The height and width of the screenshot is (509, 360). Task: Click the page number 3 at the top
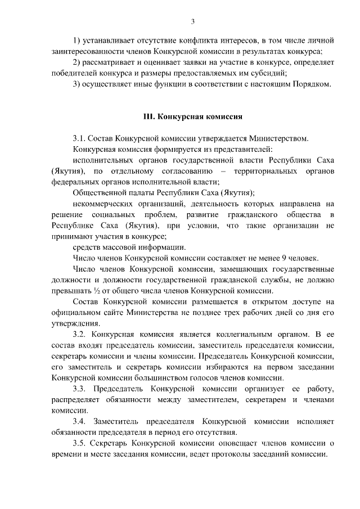(192, 21)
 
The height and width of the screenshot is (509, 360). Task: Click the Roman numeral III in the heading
(149, 117)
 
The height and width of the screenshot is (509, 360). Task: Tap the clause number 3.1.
(80, 138)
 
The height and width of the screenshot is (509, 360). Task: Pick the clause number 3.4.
(80, 421)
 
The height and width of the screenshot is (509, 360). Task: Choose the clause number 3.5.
(80, 443)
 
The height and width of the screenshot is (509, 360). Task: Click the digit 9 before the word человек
(290, 258)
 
